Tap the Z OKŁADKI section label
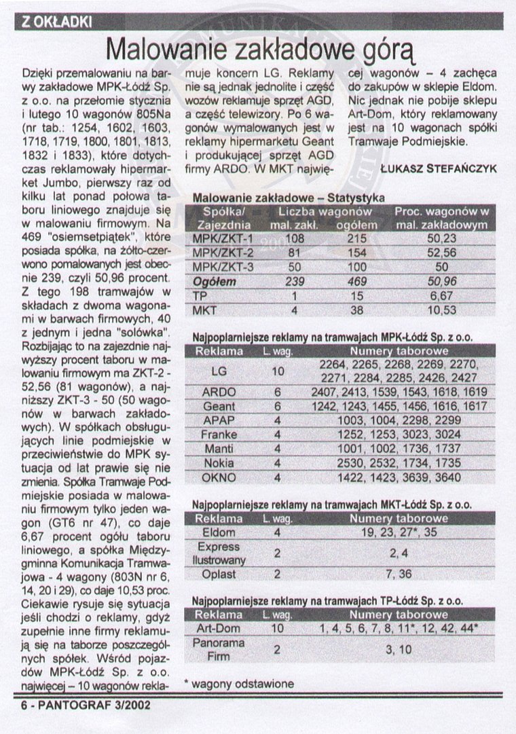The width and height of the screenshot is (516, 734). point(56,22)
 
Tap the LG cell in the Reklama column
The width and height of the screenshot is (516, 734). point(219,371)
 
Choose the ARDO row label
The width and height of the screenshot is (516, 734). point(219,392)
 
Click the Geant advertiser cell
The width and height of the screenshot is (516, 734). point(219,406)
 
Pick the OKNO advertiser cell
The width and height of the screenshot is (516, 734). point(219,477)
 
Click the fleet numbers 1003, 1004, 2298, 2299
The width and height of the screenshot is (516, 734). point(389,421)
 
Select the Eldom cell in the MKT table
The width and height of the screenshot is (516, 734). point(219,532)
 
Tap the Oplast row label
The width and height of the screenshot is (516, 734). point(219,574)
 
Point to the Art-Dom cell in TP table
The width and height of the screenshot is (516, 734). point(219,629)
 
